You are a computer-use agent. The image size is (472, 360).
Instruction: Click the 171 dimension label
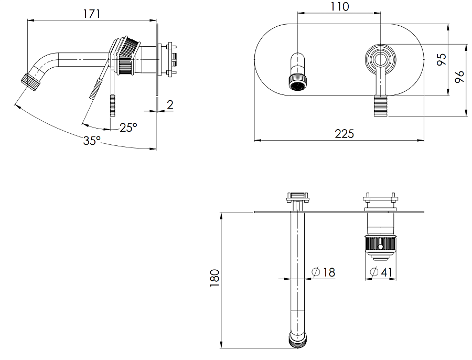point(91,14)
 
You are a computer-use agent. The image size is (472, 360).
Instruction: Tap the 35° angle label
point(92,141)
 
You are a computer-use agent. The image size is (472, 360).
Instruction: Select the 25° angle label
point(128,128)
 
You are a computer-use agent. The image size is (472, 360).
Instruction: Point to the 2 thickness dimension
point(170,105)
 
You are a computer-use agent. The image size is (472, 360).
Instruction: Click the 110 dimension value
point(340,6)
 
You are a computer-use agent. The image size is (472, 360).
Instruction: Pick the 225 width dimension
point(345,133)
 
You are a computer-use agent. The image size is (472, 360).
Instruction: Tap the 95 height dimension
point(442,59)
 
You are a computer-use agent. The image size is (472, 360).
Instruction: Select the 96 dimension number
point(459,77)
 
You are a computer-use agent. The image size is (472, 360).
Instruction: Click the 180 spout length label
point(214,278)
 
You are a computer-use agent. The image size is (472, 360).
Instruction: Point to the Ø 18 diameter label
point(323,272)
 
